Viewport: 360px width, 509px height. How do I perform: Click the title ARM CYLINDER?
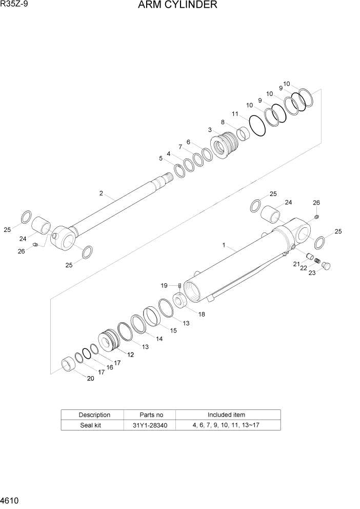tap(177, 6)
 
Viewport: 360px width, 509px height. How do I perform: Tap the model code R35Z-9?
tap(14, 5)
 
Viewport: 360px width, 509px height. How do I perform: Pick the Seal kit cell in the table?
tap(94, 425)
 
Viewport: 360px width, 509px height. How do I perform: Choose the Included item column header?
tap(226, 415)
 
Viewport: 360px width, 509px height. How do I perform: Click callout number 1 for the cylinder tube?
tap(224, 246)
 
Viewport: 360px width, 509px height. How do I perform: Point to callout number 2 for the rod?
tap(101, 193)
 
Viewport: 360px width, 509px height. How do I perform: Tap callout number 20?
tap(90, 379)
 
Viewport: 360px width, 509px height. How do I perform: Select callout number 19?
tap(164, 285)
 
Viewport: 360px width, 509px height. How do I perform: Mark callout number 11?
tap(235, 114)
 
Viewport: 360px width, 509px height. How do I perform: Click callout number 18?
tap(202, 314)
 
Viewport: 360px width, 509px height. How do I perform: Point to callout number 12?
tap(131, 355)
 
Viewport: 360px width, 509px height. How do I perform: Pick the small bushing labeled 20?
tap(68, 365)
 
